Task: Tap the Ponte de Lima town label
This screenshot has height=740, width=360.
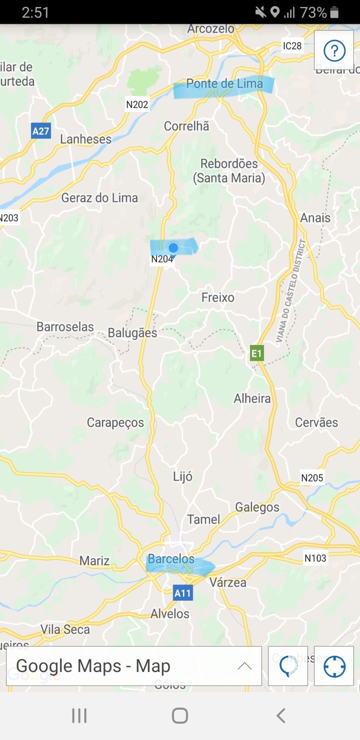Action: pyautogui.click(x=224, y=84)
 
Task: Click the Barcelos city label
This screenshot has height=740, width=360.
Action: pyautogui.click(x=171, y=559)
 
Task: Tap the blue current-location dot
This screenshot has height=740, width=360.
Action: pyautogui.click(x=173, y=248)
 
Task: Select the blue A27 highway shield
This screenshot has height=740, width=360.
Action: pyautogui.click(x=41, y=131)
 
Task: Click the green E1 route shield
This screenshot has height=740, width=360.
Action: pyautogui.click(x=257, y=353)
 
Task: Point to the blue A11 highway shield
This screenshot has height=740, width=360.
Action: pyautogui.click(x=183, y=593)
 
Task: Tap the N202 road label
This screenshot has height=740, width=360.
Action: pyautogui.click(x=137, y=104)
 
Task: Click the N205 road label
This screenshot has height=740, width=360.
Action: pyautogui.click(x=312, y=478)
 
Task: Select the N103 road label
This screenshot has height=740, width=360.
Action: pyautogui.click(x=315, y=558)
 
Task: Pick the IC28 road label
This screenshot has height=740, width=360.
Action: pyautogui.click(x=292, y=46)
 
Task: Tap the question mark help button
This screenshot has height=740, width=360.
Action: pyautogui.click(x=334, y=50)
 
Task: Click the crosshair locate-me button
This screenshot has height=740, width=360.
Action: pyautogui.click(x=334, y=666)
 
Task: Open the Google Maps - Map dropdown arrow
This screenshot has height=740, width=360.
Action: pyautogui.click(x=245, y=666)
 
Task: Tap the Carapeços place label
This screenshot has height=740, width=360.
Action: pyautogui.click(x=115, y=422)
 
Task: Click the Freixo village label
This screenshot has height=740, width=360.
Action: pyautogui.click(x=218, y=297)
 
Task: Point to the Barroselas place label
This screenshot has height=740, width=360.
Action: pyautogui.click(x=65, y=326)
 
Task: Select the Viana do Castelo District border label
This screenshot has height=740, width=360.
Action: pyautogui.click(x=291, y=291)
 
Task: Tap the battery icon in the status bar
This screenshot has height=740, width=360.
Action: pyautogui.click(x=334, y=13)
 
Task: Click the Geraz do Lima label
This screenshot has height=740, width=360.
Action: pyautogui.click(x=100, y=198)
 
